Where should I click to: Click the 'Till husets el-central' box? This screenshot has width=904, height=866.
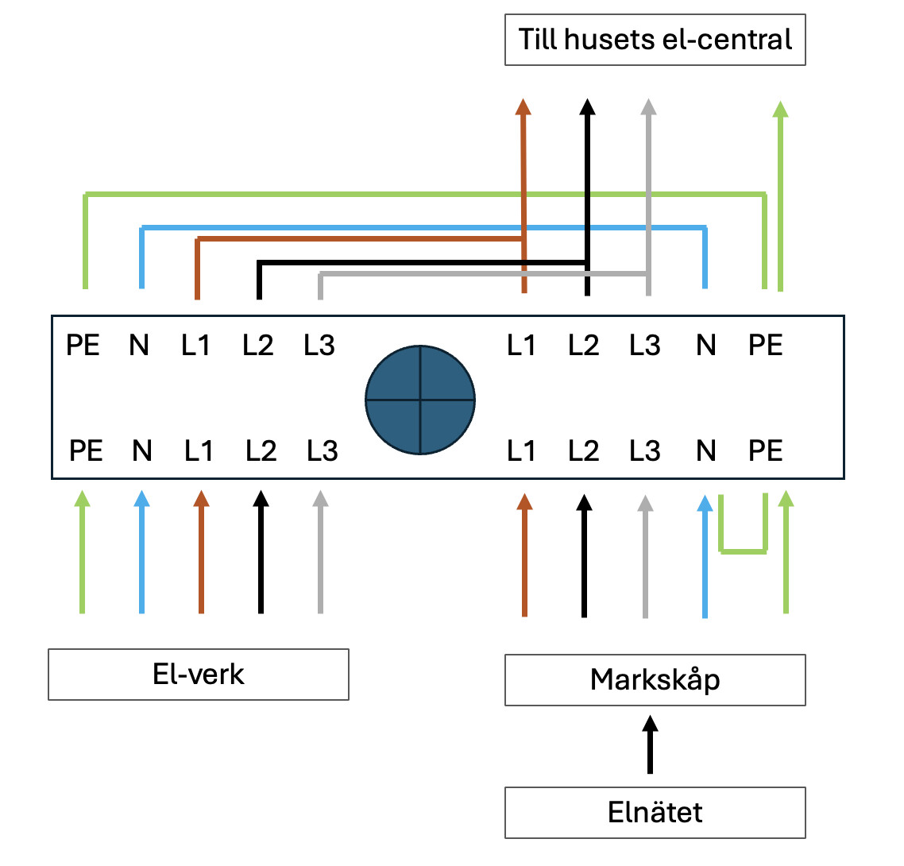[x=655, y=40]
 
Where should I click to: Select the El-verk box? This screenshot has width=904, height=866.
[x=199, y=675]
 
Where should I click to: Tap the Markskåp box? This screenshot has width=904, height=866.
[x=655, y=680]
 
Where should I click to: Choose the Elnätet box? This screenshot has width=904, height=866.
[x=655, y=813]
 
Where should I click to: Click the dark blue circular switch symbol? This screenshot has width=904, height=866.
[x=420, y=400]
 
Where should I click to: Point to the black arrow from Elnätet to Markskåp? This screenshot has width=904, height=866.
[x=651, y=744]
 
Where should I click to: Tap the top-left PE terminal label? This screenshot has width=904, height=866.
[x=83, y=346]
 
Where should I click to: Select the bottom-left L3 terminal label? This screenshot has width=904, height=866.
[x=323, y=451]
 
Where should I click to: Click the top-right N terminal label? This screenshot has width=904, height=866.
[x=705, y=346]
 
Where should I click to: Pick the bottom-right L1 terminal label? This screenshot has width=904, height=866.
[x=521, y=451]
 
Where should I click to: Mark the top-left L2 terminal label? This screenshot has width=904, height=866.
[x=258, y=346]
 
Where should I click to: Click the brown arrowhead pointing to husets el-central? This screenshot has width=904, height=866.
[x=523, y=108]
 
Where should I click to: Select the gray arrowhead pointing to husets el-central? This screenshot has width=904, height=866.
[x=648, y=108]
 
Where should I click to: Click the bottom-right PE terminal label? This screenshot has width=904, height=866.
[x=766, y=451]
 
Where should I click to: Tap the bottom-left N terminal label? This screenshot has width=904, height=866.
[x=142, y=451]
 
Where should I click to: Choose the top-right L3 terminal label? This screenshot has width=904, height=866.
[x=645, y=346]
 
